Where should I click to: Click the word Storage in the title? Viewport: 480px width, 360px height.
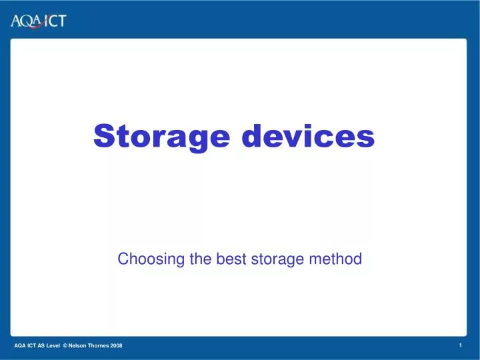(x=163, y=137)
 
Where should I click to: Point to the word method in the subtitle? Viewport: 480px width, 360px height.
(x=337, y=259)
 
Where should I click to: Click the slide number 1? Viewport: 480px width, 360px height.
(x=461, y=345)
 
